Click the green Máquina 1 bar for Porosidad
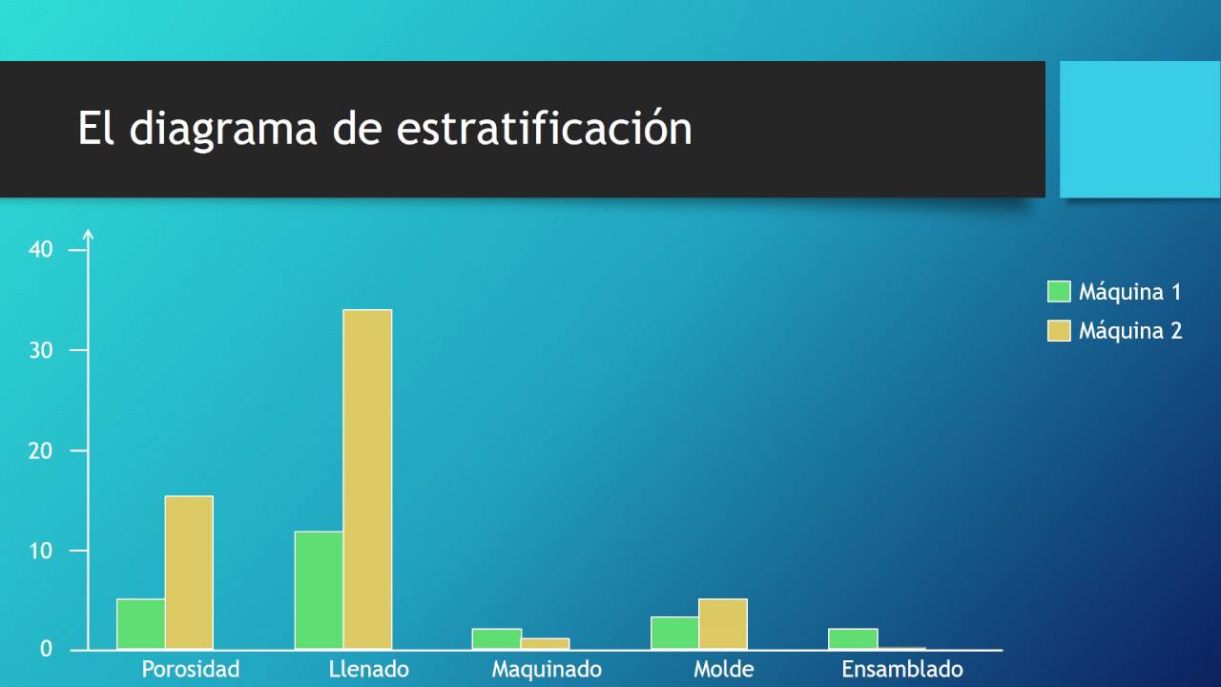click(141, 624)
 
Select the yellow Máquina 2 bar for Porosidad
click(189, 572)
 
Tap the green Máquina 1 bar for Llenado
click(319, 590)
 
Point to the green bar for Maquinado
click(497, 639)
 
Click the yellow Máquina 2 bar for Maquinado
click(545, 644)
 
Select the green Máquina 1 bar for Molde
click(675, 634)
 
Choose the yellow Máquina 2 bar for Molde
click(723, 624)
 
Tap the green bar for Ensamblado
click(853, 639)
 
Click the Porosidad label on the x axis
click(191, 669)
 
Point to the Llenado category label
click(368, 669)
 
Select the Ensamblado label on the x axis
click(902, 669)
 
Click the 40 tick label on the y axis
click(41, 250)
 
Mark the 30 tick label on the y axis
click(41, 350)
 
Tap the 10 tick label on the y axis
click(41, 551)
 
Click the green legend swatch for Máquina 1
click(1059, 292)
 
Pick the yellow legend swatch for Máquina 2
click(1059, 331)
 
